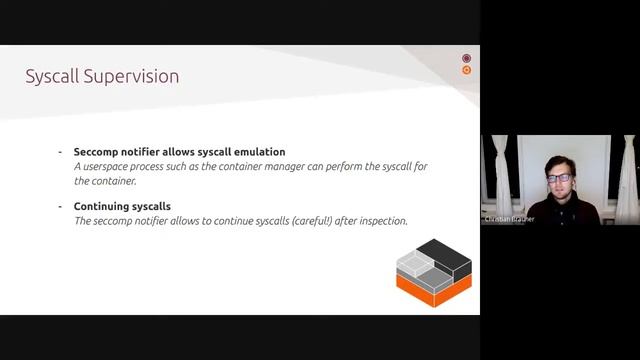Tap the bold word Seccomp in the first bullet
98,151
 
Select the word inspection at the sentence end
381,220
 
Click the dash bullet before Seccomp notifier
61,151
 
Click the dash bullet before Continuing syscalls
61,206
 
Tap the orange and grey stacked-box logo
433,271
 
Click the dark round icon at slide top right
466,59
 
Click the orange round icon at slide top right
466,71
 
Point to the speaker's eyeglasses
559,178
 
